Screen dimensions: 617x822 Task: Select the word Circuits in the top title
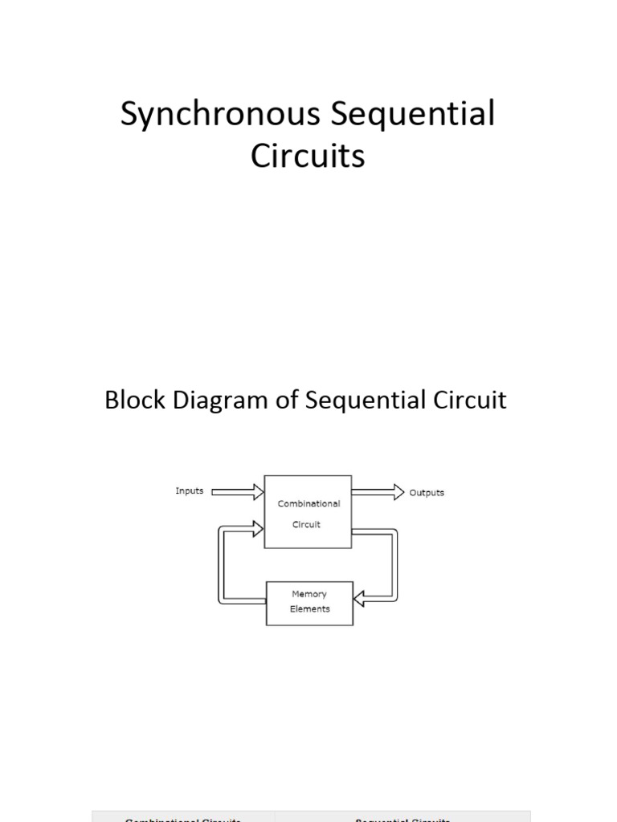(308, 156)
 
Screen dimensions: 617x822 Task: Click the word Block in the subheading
(131, 400)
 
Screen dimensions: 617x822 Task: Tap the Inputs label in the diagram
(190, 491)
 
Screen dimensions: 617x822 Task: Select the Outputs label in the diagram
(427, 493)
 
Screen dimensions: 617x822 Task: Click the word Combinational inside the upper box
(308, 504)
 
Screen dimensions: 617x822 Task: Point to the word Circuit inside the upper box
(306, 525)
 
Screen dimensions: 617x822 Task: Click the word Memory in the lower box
(308, 595)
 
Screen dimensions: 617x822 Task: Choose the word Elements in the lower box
(309, 608)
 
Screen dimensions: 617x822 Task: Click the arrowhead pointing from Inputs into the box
(257, 491)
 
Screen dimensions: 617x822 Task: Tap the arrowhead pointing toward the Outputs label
(398, 491)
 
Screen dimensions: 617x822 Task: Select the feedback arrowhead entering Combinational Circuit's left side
(257, 528)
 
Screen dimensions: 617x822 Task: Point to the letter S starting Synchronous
(129, 115)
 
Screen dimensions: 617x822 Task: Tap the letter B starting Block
(111, 400)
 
